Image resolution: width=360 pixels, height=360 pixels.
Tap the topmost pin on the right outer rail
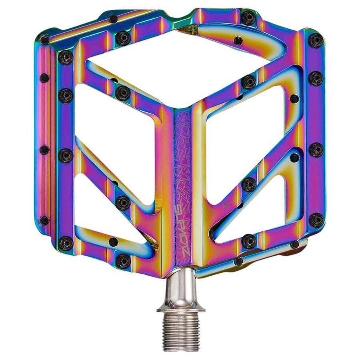(316, 40)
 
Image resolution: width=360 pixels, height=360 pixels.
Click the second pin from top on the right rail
(316, 78)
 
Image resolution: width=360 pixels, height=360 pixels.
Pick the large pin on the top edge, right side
(248, 18)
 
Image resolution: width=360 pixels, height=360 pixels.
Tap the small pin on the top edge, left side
(113, 18)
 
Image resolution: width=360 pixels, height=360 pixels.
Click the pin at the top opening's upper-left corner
(123, 38)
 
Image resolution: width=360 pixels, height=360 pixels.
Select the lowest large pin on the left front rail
(66, 243)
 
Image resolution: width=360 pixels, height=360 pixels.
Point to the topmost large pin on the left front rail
(66, 57)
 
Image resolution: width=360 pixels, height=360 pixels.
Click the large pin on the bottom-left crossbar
(123, 260)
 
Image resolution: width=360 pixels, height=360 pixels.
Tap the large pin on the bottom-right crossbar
(249, 241)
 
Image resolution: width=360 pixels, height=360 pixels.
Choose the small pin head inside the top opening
(238, 40)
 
